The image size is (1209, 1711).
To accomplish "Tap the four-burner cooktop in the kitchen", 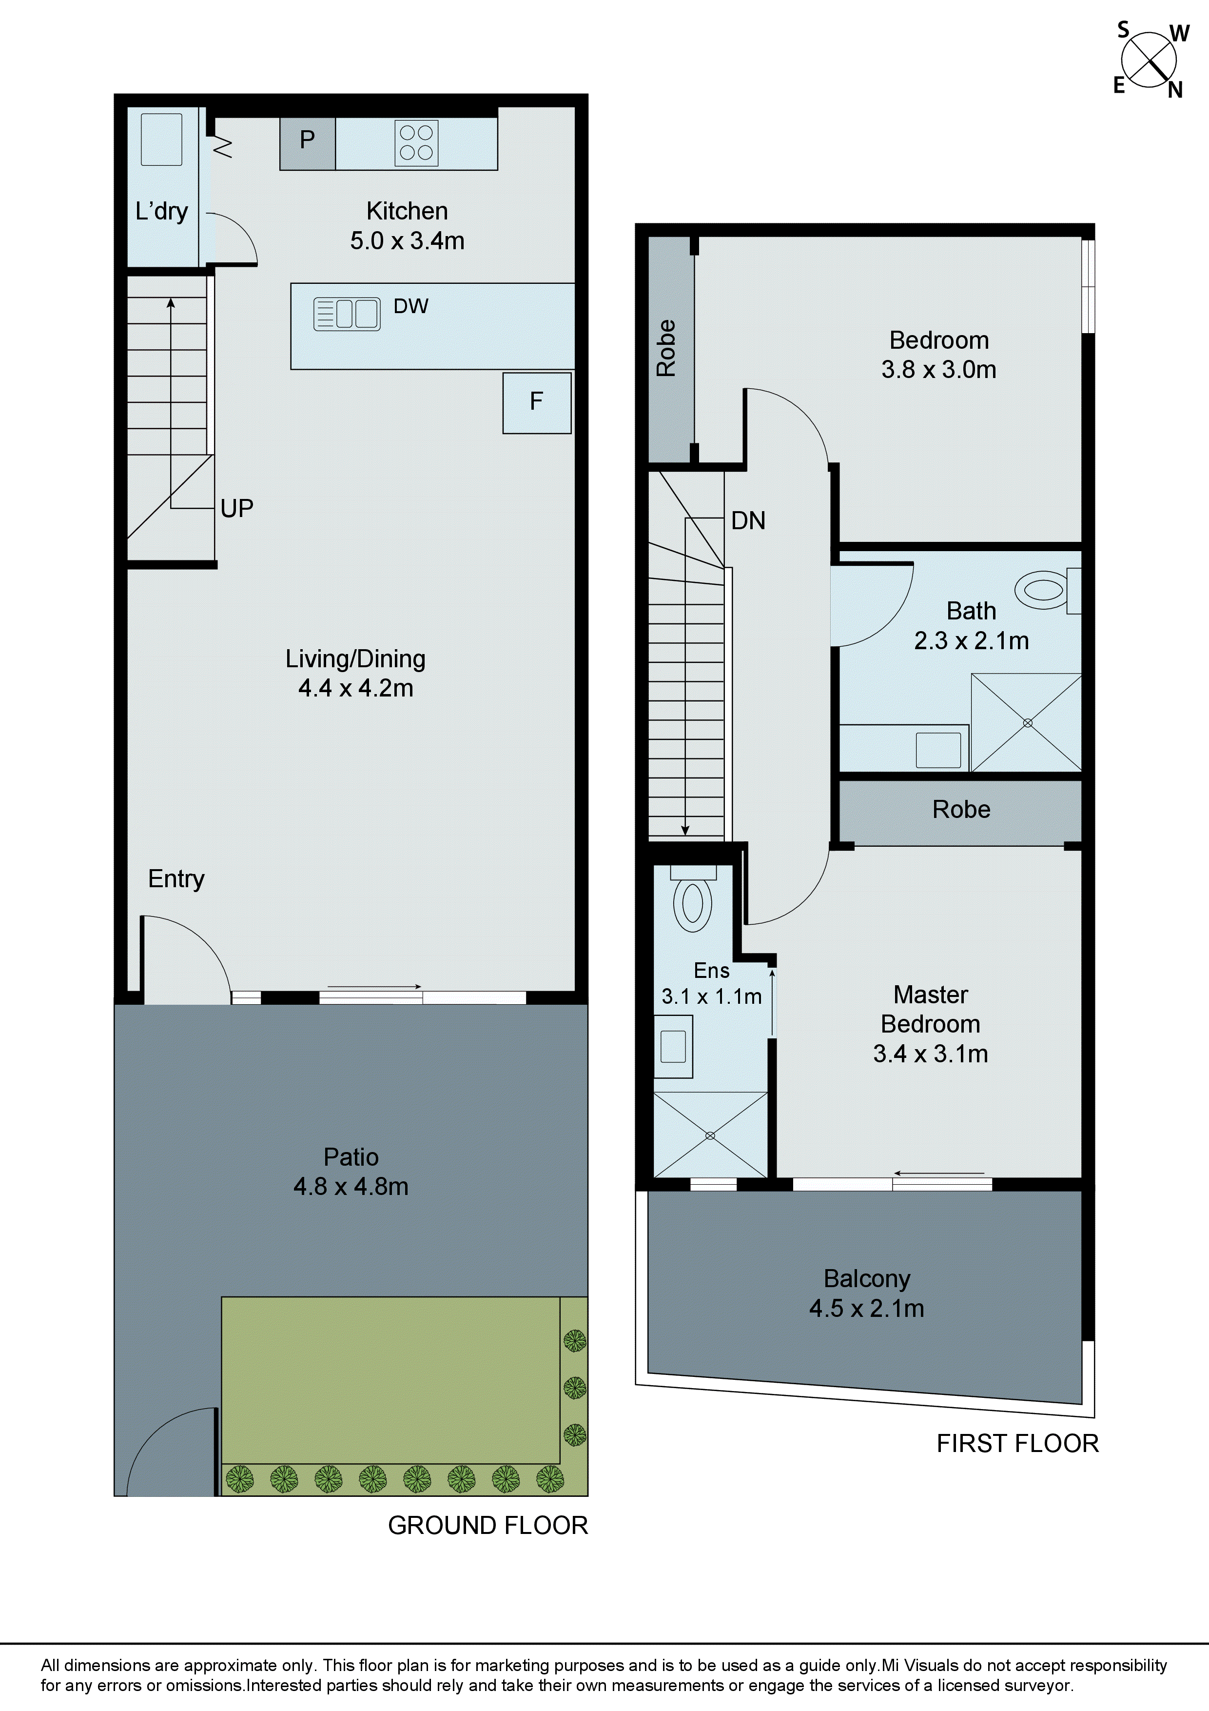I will [x=416, y=142].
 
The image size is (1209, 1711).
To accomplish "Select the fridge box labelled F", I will [x=536, y=402].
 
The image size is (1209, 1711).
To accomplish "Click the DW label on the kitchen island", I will [x=410, y=306].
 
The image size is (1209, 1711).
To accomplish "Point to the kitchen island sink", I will [x=347, y=314].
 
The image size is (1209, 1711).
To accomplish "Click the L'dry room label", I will [x=162, y=212].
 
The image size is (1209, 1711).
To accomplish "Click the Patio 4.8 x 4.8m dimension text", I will [x=351, y=1186].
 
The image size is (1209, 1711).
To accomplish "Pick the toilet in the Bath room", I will [x=1044, y=590].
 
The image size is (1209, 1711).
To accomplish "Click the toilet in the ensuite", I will [x=692, y=903].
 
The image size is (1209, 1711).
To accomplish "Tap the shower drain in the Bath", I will [x=1027, y=723].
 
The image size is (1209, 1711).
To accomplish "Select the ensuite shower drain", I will [x=710, y=1135].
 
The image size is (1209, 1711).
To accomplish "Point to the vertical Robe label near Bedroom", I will [x=666, y=348].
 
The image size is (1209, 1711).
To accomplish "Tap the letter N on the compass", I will [x=1175, y=90].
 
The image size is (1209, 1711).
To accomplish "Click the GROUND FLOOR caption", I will [x=488, y=1526].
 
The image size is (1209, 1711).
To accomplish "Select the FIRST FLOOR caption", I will [x=1017, y=1443].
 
